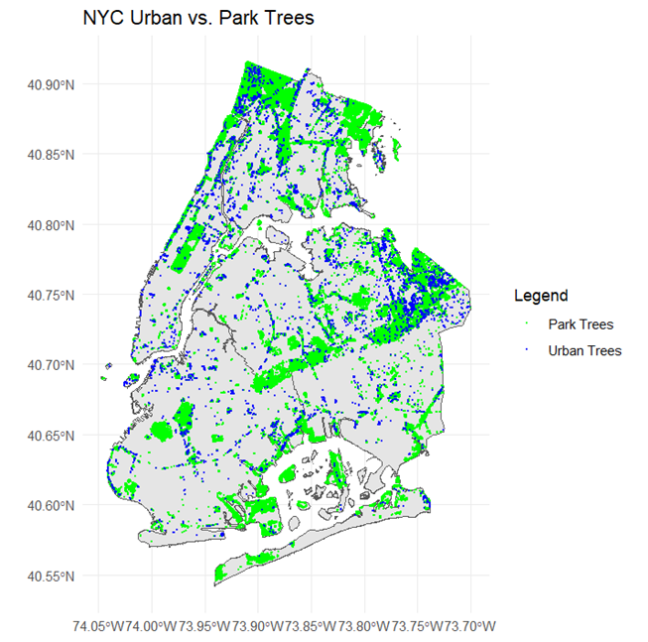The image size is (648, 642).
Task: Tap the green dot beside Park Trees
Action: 527,324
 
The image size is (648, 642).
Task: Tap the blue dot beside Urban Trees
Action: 527,350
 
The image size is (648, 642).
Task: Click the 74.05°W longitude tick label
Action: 99,626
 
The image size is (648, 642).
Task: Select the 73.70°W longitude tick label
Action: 469,626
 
